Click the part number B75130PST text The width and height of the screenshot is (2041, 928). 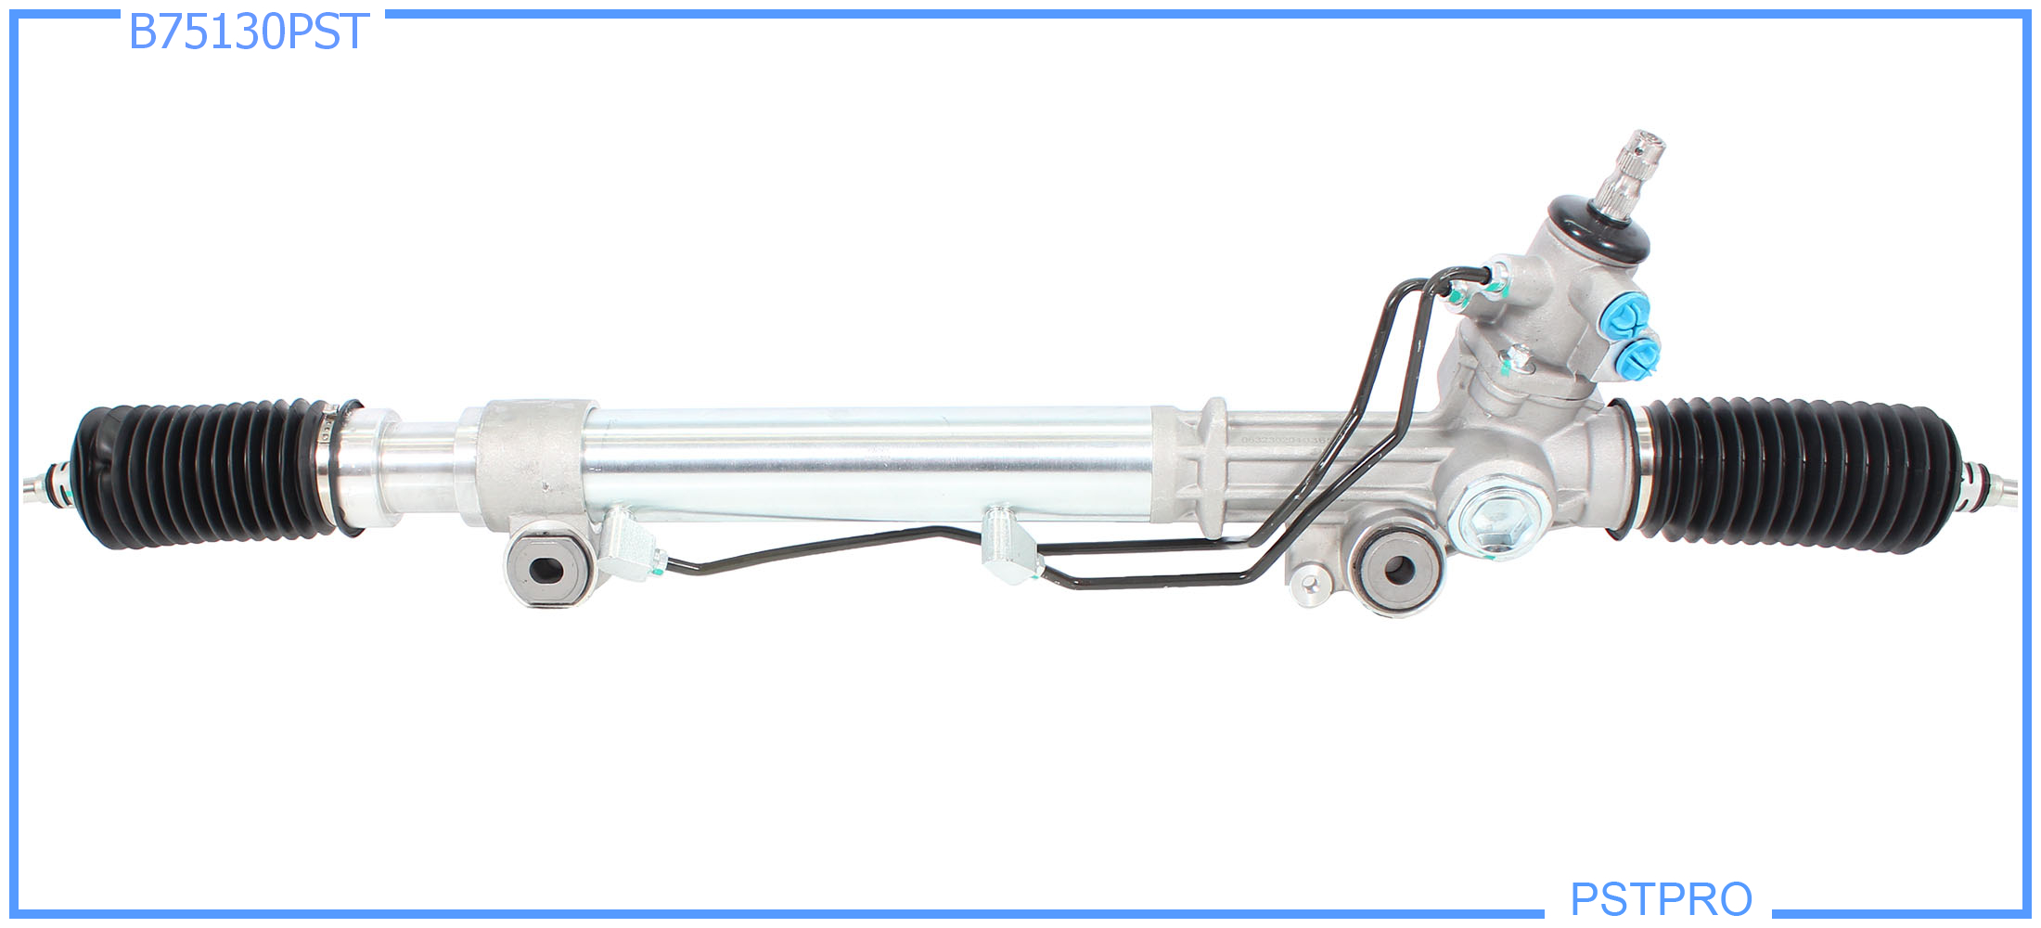point(249,32)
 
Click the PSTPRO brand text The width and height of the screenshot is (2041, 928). point(1661,898)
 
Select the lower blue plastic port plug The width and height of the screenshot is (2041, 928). point(1640,355)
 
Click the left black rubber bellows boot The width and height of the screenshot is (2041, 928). point(204,473)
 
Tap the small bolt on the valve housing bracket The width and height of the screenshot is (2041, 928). point(1518,357)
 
